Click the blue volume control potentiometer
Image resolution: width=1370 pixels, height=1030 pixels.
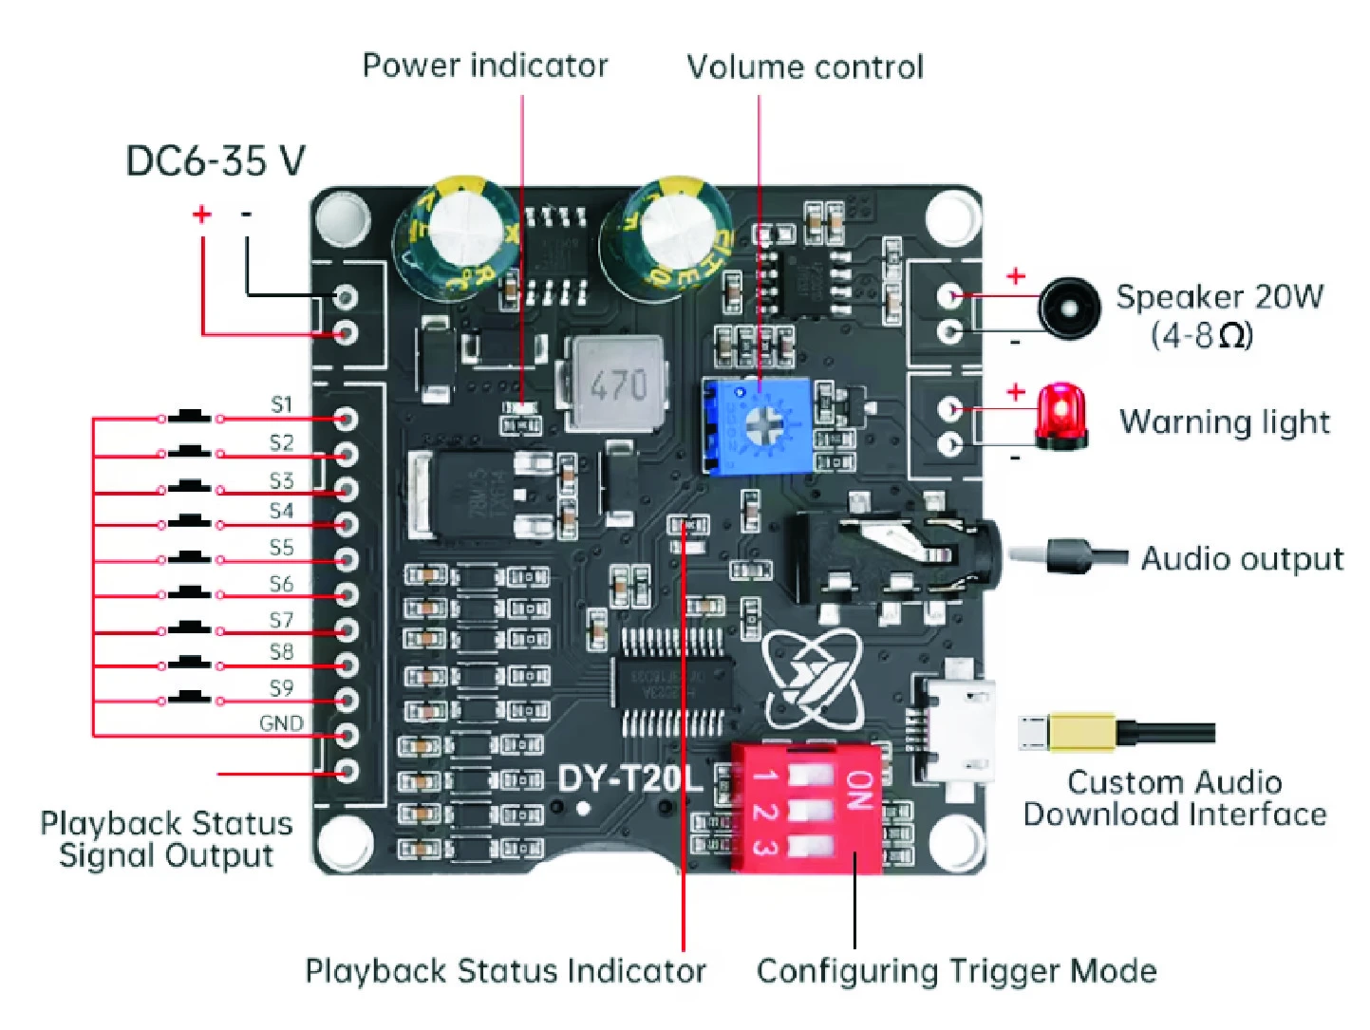pyautogui.click(x=758, y=425)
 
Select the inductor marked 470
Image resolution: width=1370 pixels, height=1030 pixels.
pyautogui.click(x=617, y=384)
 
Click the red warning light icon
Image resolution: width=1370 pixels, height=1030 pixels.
pyautogui.click(x=1060, y=416)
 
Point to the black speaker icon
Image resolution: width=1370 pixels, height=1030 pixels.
pyautogui.click(x=1070, y=309)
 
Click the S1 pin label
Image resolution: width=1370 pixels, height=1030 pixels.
pyautogui.click(x=281, y=405)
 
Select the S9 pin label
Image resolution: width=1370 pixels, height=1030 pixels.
pyautogui.click(x=281, y=688)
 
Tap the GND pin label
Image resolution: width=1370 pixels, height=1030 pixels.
pyautogui.click(x=281, y=724)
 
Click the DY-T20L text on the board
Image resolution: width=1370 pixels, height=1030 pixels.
pyautogui.click(x=629, y=779)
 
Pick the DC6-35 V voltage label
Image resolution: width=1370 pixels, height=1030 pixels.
pyautogui.click(x=216, y=161)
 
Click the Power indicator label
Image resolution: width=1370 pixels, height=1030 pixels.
pyautogui.click(x=485, y=66)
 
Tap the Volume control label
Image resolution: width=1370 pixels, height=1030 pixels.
pyautogui.click(x=805, y=66)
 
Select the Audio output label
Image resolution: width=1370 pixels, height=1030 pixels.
pyautogui.click(x=1242, y=559)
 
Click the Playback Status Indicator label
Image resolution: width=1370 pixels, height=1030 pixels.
pyautogui.click(x=505, y=971)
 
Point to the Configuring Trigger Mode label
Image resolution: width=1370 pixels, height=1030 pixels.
pyautogui.click(x=956, y=971)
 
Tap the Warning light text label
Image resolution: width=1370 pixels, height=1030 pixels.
pyautogui.click(x=1225, y=422)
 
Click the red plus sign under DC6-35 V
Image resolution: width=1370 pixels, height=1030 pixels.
pyautogui.click(x=201, y=215)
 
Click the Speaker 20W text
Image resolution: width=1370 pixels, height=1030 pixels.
pyautogui.click(x=1219, y=297)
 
